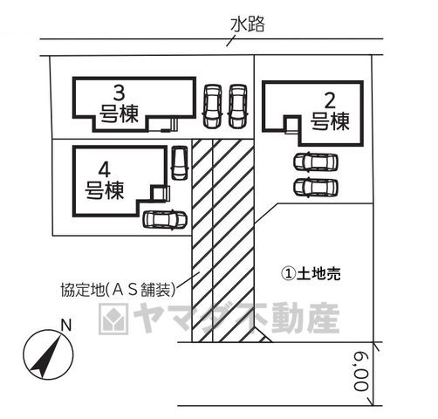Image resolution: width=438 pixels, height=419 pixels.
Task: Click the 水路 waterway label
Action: [x=248, y=24]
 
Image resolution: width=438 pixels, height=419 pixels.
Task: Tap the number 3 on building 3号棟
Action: [x=119, y=93]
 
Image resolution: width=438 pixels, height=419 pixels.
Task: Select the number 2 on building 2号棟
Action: [x=330, y=101]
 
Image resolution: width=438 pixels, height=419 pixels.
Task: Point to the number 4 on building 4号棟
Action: [x=105, y=170]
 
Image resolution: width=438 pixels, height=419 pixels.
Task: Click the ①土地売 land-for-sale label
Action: [x=311, y=273]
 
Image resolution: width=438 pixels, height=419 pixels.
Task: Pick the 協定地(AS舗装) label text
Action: [x=118, y=290]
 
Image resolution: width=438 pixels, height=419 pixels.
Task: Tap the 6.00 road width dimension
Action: [x=361, y=372]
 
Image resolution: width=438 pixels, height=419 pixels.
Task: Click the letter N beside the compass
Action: [x=66, y=325]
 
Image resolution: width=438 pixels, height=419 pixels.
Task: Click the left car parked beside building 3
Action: [x=212, y=106]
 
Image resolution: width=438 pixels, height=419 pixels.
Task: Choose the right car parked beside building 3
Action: [x=237, y=106]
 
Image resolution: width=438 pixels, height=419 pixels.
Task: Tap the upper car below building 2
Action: [x=316, y=162]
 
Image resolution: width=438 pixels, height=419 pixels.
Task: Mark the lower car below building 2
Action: [x=316, y=187]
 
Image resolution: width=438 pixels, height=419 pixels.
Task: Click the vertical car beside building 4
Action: [x=179, y=163]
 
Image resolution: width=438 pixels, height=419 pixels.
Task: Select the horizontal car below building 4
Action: [x=164, y=220]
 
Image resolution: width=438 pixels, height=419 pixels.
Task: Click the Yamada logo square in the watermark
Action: [x=113, y=319]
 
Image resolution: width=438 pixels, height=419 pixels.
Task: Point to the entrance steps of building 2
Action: [x=291, y=125]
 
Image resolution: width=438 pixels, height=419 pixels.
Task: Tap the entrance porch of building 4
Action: [x=160, y=193]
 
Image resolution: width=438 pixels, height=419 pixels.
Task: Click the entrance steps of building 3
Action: [x=170, y=126]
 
